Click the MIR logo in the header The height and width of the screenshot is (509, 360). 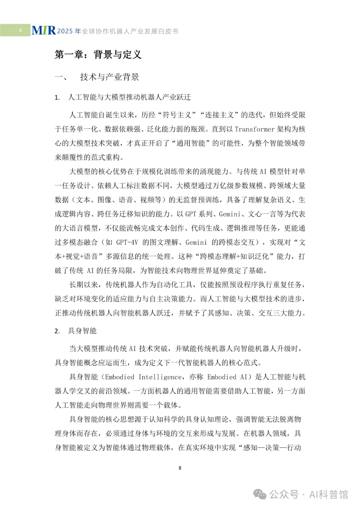[x=44, y=31]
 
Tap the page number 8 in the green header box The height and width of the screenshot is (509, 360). [x=20, y=30]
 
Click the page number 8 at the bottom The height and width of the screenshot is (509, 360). [x=180, y=468]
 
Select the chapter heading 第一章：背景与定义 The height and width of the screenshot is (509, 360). [x=98, y=54]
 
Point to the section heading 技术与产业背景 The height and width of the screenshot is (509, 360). [x=109, y=77]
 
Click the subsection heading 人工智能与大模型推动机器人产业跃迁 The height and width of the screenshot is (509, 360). [x=129, y=97]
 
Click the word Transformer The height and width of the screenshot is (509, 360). [x=255, y=129]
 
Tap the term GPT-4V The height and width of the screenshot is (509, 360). [x=127, y=242]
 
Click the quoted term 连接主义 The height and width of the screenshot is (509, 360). [x=219, y=115]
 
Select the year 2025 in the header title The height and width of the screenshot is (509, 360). [x=65, y=31]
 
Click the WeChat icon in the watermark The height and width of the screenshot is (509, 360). [x=260, y=494]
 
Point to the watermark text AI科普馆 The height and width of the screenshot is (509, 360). [x=329, y=494]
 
